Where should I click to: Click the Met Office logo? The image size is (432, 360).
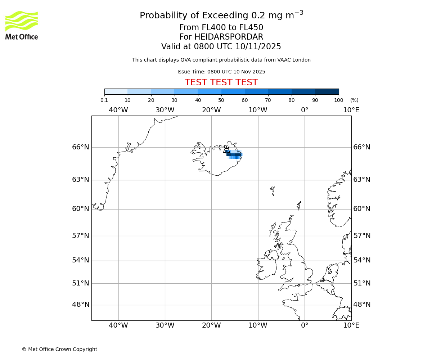(22, 25)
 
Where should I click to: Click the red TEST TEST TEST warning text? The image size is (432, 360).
(221, 82)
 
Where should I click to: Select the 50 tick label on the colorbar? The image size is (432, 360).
(221, 100)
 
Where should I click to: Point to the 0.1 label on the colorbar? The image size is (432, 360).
(104, 100)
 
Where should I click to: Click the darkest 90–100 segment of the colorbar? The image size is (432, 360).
(327, 91)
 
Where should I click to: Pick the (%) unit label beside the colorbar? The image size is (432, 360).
(354, 100)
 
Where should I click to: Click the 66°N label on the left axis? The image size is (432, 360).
(80, 147)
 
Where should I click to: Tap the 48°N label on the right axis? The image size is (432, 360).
(362, 305)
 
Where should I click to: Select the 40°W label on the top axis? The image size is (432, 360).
(118, 110)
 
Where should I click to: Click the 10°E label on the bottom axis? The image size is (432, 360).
(351, 325)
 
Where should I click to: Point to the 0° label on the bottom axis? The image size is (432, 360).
(305, 325)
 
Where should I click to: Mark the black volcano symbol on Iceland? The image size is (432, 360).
(226, 149)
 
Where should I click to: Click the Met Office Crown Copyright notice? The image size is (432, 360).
(59, 349)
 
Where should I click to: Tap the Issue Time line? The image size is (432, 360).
(221, 72)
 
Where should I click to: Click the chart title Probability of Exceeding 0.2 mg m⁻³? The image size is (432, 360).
(221, 15)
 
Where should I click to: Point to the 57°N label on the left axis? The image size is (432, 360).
(80, 236)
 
